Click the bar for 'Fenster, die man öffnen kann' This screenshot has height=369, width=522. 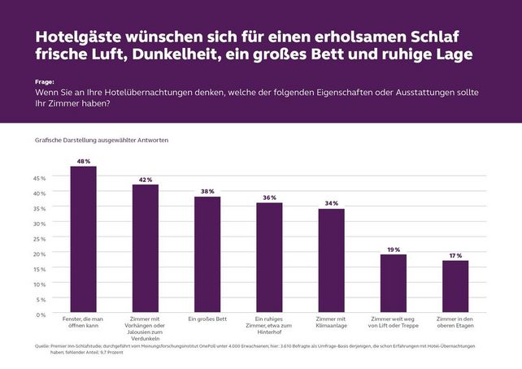(83, 240)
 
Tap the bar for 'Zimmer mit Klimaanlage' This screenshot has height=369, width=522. (331, 261)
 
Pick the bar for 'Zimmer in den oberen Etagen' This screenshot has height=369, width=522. (455, 287)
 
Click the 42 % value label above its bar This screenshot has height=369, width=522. (146, 179)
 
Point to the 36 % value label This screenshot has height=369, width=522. (269, 198)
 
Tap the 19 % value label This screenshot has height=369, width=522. (394, 249)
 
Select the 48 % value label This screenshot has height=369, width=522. (83, 161)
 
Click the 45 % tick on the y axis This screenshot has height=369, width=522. (40, 177)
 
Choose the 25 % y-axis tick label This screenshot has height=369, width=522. (40, 238)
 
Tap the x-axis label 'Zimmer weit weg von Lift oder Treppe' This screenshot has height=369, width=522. (394, 323)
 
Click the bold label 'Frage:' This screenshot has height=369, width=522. (44, 82)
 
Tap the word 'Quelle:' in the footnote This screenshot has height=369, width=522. (43, 345)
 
